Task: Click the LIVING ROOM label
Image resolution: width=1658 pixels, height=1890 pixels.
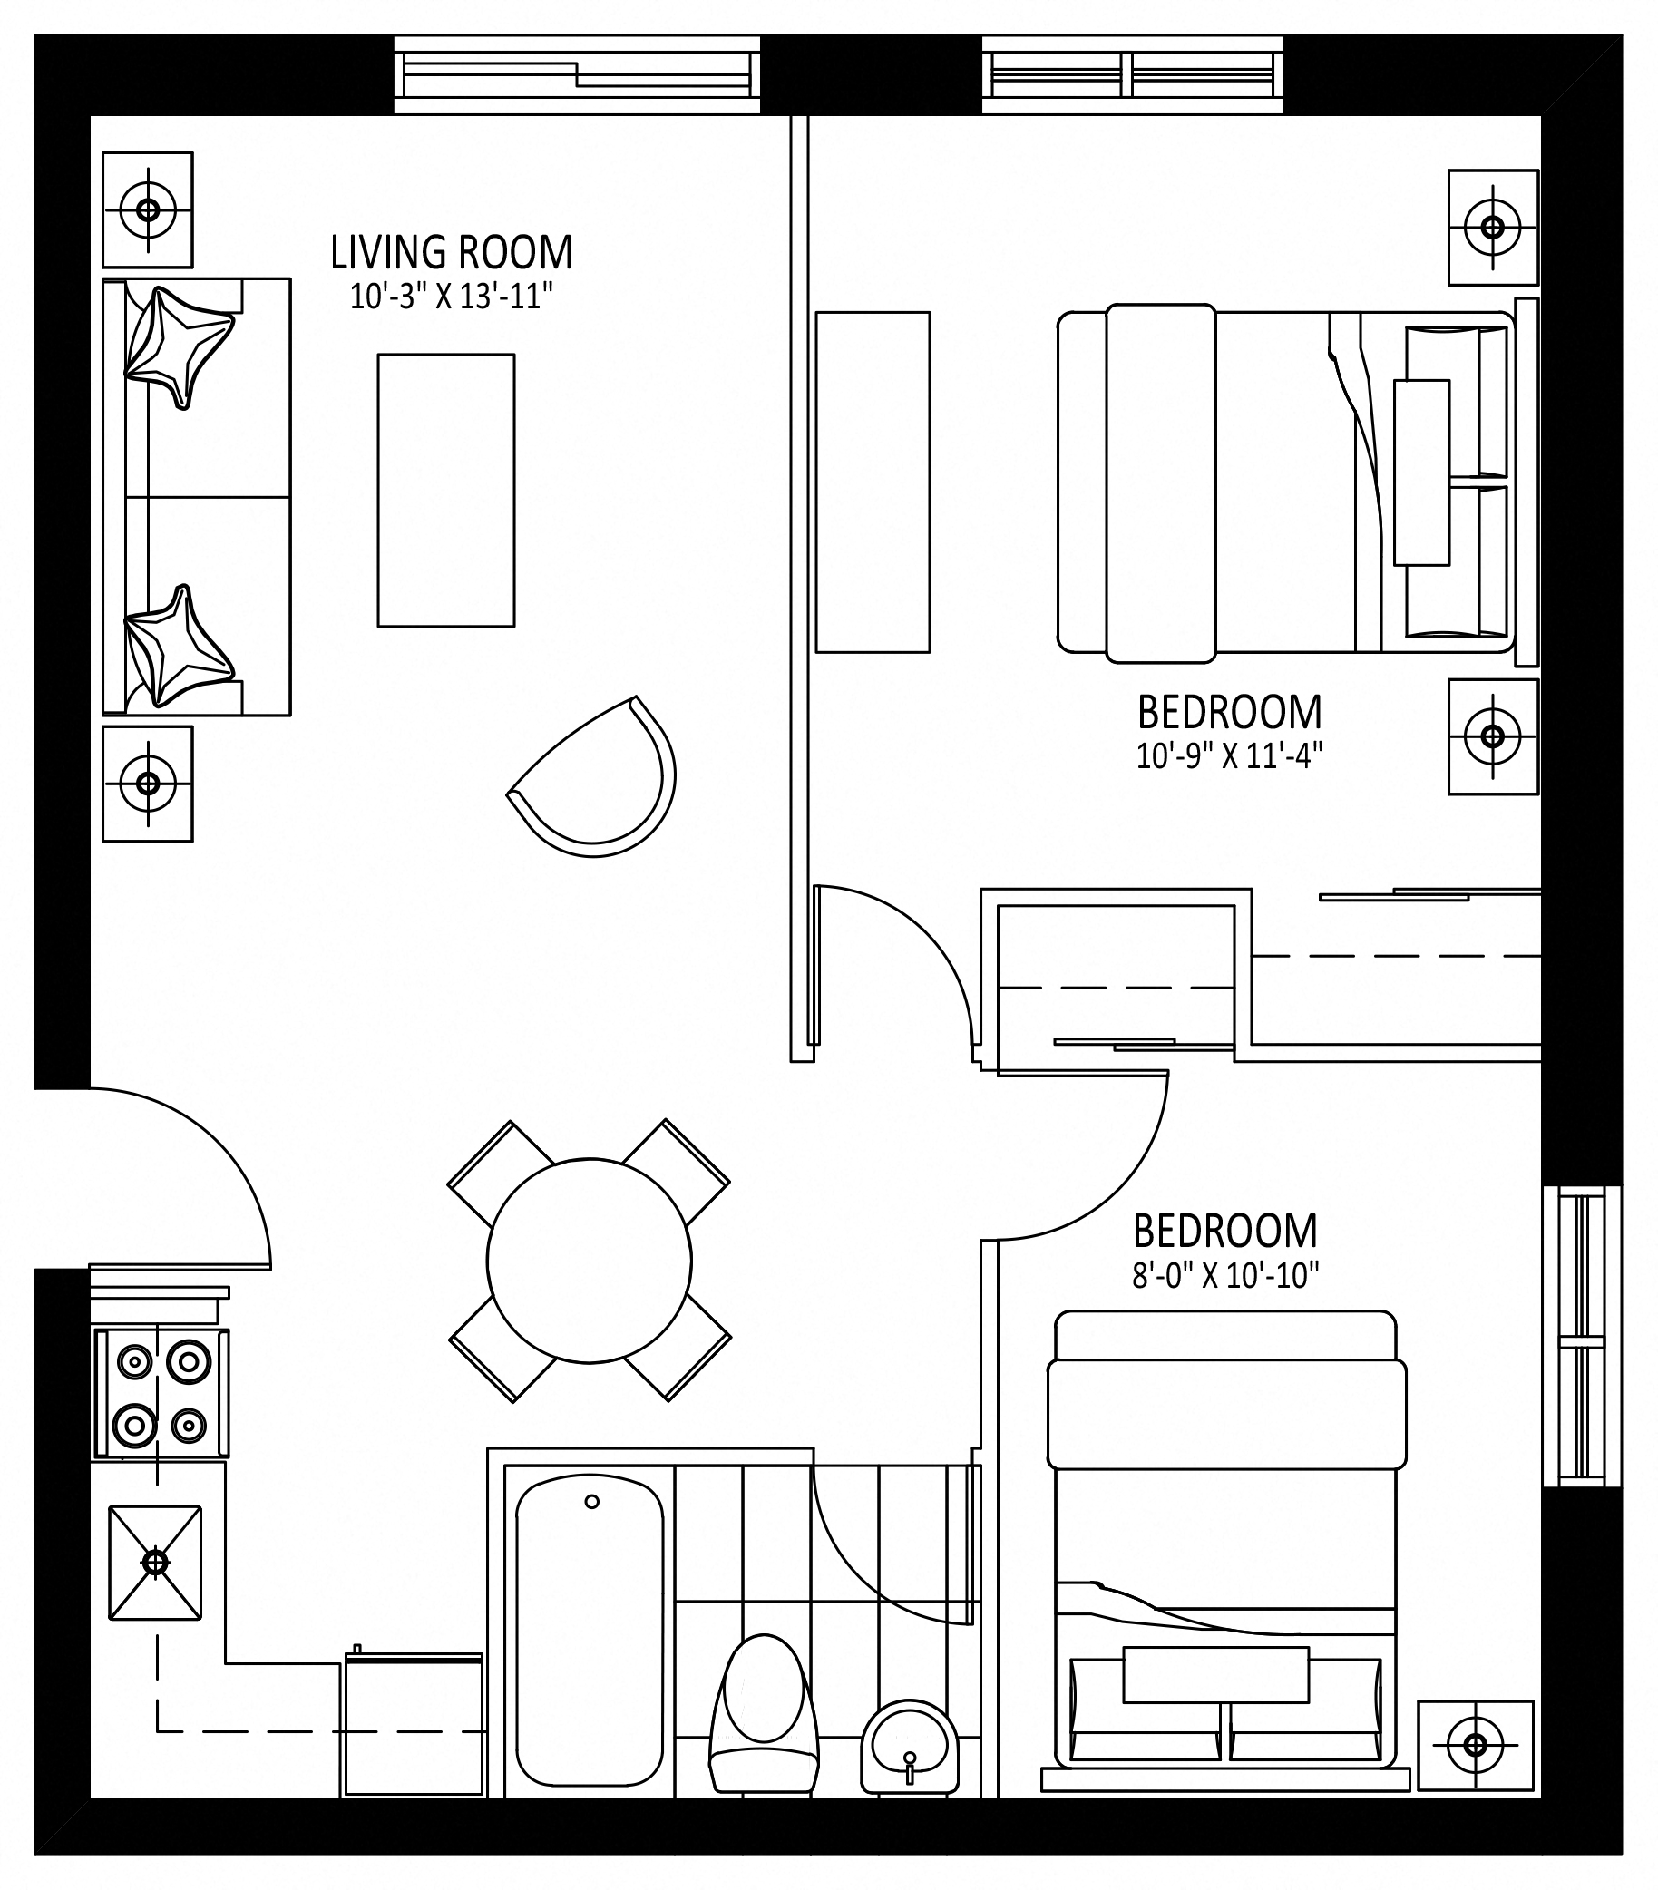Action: (453, 252)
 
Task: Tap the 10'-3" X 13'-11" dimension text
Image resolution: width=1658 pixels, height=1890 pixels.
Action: (452, 296)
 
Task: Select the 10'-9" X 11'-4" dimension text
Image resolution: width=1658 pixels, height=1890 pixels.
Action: (1229, 756)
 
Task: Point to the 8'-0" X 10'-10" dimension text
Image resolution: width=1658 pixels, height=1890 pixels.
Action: (1225, 1276)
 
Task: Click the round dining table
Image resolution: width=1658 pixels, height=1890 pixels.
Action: (589, 1261)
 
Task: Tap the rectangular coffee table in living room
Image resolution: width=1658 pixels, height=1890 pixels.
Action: (445, 490)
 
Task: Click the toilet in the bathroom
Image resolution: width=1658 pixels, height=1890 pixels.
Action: (764, 1714)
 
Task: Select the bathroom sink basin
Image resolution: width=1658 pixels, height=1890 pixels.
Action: (910, 1747)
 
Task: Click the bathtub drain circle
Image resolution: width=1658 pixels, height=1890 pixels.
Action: (591, 1502)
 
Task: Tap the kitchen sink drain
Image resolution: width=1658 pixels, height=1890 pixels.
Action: (155, 1563)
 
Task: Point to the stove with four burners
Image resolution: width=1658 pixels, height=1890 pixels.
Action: (161, 1393)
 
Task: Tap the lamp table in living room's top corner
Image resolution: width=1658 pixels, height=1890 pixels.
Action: (148, 209)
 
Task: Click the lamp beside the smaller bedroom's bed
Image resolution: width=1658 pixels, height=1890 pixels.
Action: (1476, 1746)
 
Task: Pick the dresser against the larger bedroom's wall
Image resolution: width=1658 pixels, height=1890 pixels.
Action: (873, 482)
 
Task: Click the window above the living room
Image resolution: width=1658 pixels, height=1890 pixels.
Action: (577, 74)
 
